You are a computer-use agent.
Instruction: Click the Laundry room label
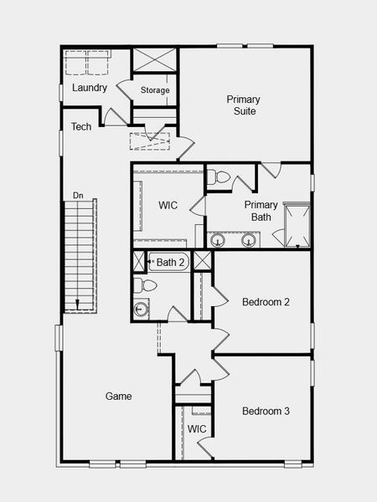tap(90, 88)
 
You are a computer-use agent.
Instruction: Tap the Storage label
tap(155, 90)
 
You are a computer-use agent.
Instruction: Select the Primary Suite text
tap(241, 105)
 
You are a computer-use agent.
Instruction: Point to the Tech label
tap(81, 127)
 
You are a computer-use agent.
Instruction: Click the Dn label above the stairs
tap(78, 196)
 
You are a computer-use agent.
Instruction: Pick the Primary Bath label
tap(261, 211)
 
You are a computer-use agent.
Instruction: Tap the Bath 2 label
tap(170, 263)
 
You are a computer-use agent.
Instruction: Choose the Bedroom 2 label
tap(266, 302)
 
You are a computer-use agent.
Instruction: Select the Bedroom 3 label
tap(266, 411)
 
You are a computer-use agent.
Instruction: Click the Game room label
tap(118, 396)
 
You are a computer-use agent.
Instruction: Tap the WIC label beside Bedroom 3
tap(197, 429)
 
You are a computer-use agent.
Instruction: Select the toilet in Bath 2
tap(145, 285)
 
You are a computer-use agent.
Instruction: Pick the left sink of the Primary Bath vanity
tap(219, 241)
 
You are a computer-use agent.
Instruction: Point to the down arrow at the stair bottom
tap(77, 305)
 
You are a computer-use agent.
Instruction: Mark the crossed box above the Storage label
tap(155, 60)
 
